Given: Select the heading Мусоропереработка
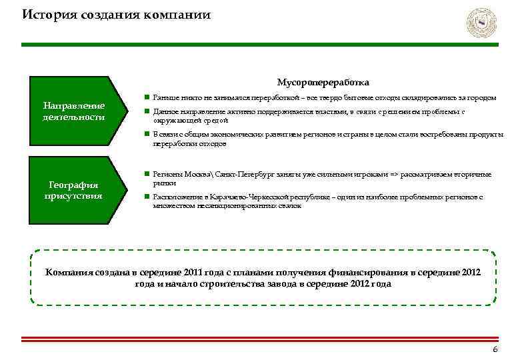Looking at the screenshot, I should pyautogui.click(x=323, y=83).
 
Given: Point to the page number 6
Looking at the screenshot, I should pyautogui.click(x=494, y=351).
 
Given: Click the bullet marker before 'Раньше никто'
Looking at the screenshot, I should pyautogui.click(x=146, y=97).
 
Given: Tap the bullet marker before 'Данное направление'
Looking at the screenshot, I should pyautogui.click(x=146, y=112).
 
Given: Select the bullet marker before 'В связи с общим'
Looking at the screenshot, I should pyautogui.click(x=146, y=134).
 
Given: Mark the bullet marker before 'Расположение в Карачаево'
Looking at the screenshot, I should pyautogui.click(x=146, y=197).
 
